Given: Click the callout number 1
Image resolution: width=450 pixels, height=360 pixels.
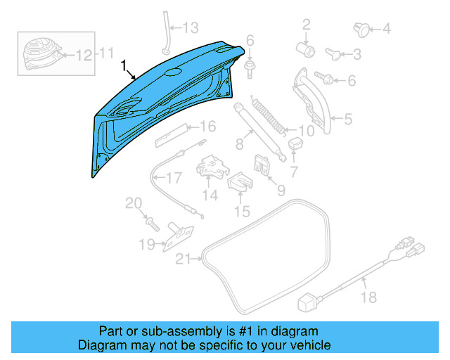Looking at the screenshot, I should tap(124, 66).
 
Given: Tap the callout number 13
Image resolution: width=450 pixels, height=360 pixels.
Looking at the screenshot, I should tap(191, 28).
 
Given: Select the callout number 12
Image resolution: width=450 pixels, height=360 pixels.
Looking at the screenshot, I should tap(83, 54).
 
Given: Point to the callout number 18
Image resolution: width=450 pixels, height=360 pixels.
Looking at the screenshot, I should tap(368, 297).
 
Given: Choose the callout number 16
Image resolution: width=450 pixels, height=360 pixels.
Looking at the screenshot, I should tap(206, 127).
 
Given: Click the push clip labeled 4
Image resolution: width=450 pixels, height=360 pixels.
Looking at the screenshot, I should tap(362, 29).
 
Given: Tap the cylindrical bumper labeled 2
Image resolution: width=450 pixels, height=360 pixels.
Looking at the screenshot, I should tap(306, 49).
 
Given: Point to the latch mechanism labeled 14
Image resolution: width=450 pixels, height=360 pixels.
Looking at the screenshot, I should tap(212, 167).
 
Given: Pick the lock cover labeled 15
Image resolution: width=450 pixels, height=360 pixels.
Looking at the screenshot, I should tap(240, 183).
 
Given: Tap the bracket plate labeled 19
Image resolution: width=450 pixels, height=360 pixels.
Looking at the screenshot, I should tap(179, 235).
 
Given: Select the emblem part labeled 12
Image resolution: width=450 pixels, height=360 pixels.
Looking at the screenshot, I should tap(40, 51).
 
